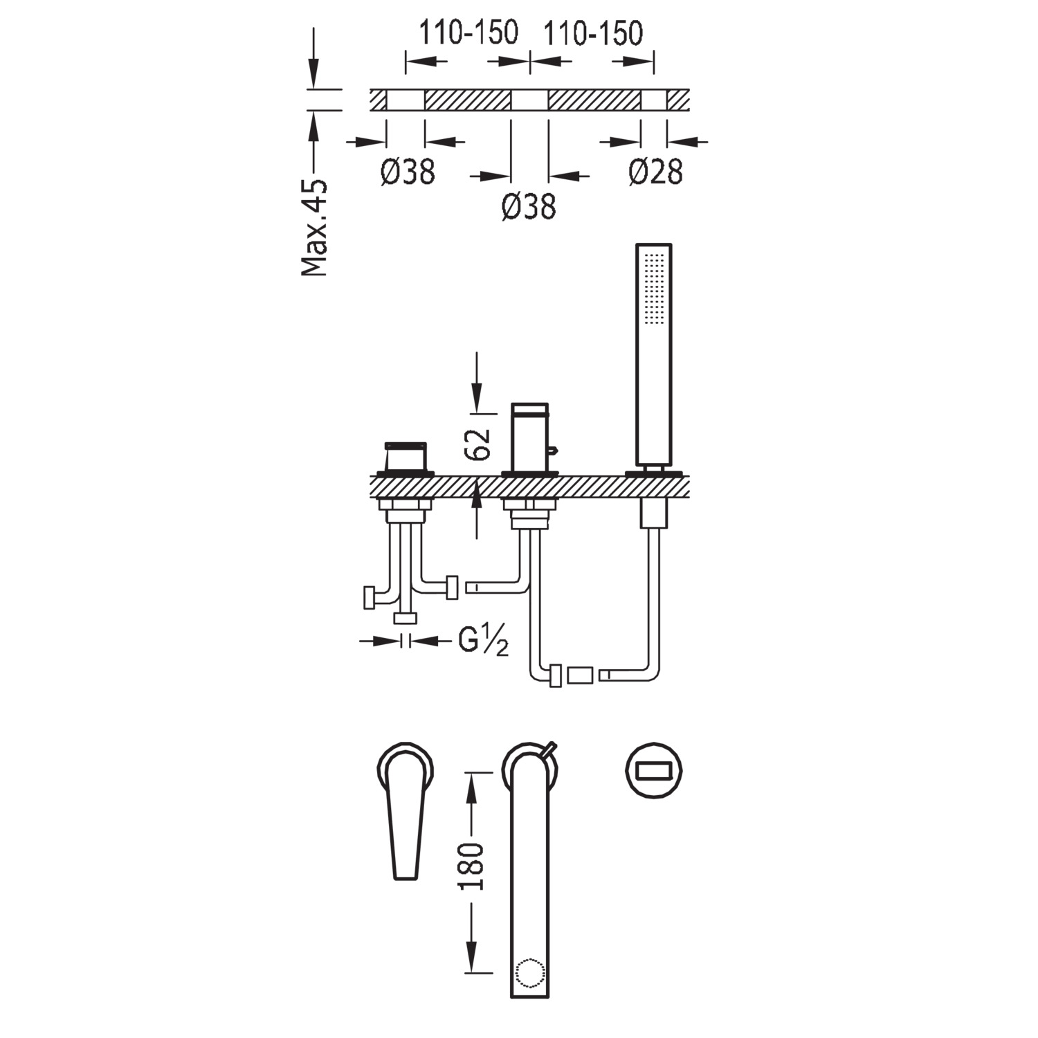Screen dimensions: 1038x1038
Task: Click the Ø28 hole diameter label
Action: click(655, 172)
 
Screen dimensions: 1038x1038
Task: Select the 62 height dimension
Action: click(477, 444)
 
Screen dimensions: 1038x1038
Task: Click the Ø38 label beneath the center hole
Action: click(529, 206)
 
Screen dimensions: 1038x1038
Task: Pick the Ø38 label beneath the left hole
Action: click(408, 172)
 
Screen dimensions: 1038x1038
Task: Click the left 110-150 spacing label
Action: click(468, 33)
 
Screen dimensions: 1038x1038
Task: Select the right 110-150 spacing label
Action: click(593, 33)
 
